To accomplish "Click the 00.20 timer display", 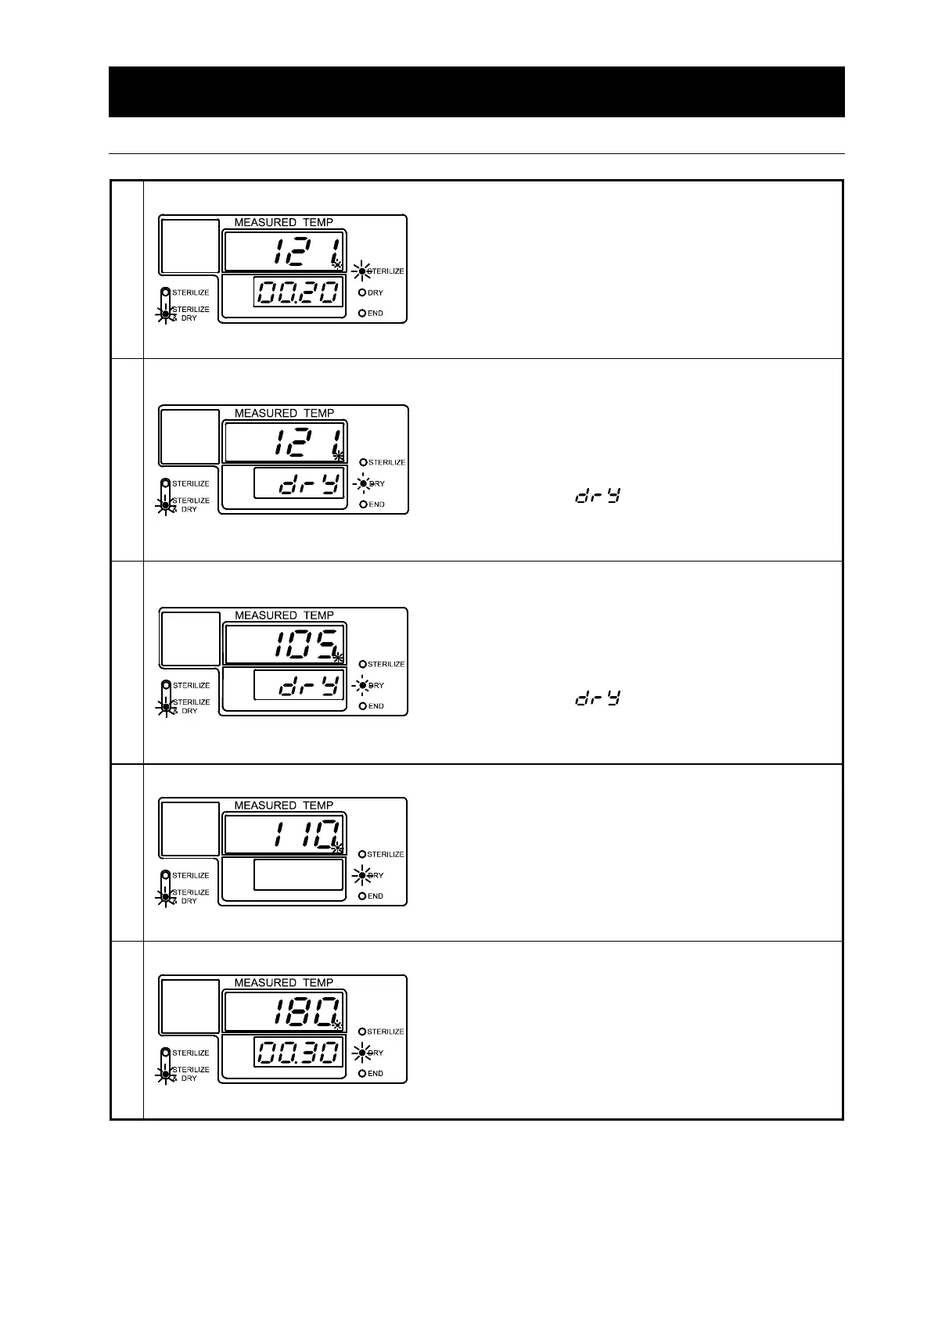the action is (x=299, y=293).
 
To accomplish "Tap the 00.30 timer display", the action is (x=299, y=1053).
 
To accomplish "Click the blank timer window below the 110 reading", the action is (x=299, y=875).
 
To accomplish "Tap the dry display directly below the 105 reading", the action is (x=299, y=686).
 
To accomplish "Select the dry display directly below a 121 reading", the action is (x=299, y=484).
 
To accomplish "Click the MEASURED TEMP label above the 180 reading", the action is (x=283, y=982).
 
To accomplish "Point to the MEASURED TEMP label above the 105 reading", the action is (x=283, y=615).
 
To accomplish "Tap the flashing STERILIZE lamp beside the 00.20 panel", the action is (x=362, y=271).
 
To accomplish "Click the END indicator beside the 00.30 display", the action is (x=362, y=1074).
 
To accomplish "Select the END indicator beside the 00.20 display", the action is (x=362, y=314).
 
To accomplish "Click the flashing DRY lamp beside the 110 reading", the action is (x=362, y=875).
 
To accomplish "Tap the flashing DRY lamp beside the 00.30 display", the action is (x=362, y=1053).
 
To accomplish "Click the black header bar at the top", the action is (x=476, y=92).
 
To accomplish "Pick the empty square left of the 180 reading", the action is (x=190, y=1006).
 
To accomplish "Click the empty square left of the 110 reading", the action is (x=190, y=828).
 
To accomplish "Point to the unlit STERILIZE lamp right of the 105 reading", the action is (x=362, y=664).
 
